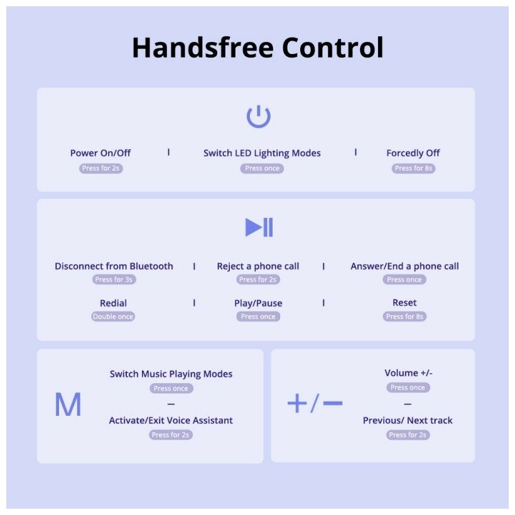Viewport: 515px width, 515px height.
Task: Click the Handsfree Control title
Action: pos(257,48)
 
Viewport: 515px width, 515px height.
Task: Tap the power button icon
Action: pos(258,117)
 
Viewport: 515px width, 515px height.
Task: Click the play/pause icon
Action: pos(259,227)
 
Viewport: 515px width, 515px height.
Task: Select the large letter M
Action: pos(68,405)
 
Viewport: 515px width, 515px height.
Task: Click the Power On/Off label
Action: pos(100,153)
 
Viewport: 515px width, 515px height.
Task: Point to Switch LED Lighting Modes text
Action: pos(262,153)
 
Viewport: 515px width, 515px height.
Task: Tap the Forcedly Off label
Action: pos(413,153)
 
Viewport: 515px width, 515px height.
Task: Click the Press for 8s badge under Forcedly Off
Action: pos(414,168)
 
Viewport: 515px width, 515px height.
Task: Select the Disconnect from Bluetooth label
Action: pos(114,266)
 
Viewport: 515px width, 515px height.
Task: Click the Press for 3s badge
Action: pos(114,279)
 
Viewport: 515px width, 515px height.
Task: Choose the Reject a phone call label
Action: pos(258,266)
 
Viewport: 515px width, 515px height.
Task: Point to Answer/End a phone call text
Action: pos(404,266)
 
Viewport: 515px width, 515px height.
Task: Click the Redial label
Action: pos(114,303)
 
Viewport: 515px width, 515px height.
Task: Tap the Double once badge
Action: pos(113,317)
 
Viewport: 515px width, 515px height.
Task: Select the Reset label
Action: pos(404,303)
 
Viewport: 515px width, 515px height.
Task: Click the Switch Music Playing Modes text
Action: pos(171,374)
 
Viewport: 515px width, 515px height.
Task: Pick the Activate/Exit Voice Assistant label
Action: pos(171,421)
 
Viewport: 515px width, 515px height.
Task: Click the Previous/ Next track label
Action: pos(408,421)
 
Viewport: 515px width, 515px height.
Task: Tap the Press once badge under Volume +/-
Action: pos(408,388)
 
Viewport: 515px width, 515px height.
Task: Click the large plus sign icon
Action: pos(296,403)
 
